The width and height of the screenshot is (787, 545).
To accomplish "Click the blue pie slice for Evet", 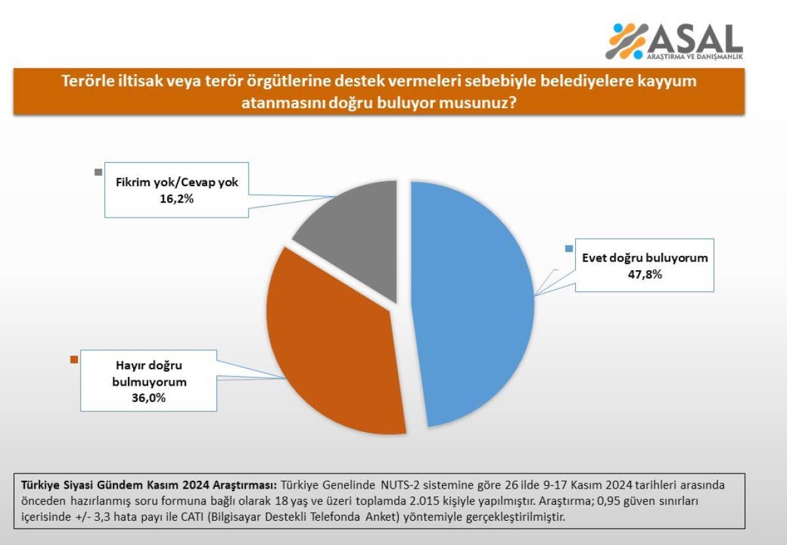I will (472, 302).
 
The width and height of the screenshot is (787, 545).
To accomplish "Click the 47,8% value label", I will (644, 275).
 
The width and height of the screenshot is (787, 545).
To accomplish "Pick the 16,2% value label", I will (176, 199).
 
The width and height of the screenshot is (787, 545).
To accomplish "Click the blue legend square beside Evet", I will (569, 248).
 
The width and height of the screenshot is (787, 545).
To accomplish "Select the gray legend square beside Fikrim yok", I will (98, 172).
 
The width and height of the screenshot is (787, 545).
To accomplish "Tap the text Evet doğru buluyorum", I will (645, 258).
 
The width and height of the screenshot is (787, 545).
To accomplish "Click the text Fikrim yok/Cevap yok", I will (177, 182).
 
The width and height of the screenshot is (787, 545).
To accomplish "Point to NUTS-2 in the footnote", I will (401, 486).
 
